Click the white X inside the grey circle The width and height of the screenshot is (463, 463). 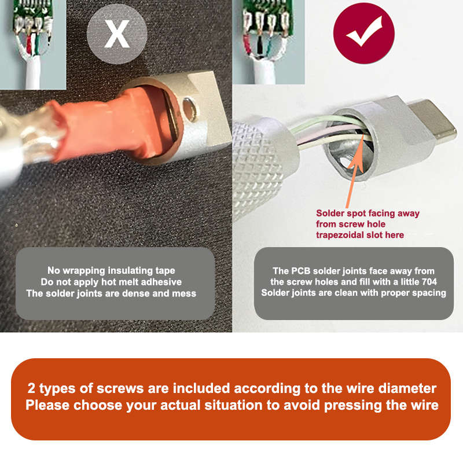[117, 34]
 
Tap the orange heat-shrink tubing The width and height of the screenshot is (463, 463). [118, 124]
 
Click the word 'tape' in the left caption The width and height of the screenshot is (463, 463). [165, 271]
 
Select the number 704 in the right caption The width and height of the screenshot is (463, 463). [428, 282]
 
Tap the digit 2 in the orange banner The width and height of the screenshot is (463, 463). [31, 388]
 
